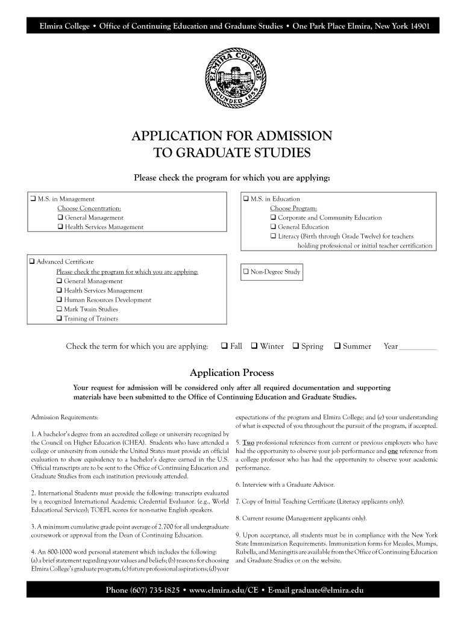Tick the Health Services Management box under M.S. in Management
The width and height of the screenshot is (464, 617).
[60, 227]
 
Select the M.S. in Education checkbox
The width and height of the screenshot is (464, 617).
[246, 199]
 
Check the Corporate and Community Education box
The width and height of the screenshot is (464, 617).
[274, 218]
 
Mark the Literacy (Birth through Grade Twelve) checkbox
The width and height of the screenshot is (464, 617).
[274, 236]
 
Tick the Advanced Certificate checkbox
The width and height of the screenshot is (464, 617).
[33, 262]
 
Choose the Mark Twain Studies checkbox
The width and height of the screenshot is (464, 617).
[60, 309]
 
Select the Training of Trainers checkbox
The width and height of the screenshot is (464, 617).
[60, 319]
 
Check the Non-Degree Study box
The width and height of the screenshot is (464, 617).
[246, 272]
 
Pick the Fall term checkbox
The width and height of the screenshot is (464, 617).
[224, 346]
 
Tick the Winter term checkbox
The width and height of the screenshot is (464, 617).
[254, 346]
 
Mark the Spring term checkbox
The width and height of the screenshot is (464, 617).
[296, 346]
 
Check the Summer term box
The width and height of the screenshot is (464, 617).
[337, 346]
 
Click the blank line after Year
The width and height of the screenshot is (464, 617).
[418, 348]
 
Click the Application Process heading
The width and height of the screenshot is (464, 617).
[232, 372]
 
